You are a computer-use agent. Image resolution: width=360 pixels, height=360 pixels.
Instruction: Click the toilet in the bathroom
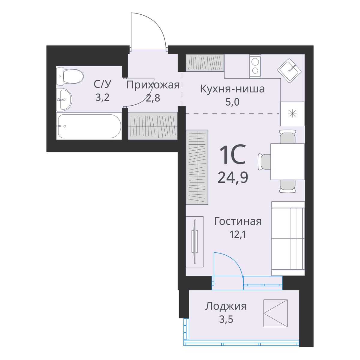70,76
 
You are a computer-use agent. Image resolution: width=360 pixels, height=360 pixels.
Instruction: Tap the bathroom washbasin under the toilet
64,99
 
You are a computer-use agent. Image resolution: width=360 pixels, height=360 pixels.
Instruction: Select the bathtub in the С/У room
89,126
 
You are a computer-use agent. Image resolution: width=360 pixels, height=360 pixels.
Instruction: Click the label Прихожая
153,85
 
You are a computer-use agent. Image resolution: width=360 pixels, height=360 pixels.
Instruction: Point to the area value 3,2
102,97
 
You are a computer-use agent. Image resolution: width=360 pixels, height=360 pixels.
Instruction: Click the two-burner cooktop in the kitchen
255,66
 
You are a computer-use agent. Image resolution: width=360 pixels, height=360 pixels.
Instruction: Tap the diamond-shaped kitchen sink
289,70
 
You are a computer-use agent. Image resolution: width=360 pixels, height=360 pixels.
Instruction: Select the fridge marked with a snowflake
292,114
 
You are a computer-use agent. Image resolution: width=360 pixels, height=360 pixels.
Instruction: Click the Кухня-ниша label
232,89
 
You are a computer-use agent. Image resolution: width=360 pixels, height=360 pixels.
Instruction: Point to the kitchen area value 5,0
232,102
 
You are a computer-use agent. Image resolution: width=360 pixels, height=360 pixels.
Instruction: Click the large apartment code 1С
232,154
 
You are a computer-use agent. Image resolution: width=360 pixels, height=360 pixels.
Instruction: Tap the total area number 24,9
233,177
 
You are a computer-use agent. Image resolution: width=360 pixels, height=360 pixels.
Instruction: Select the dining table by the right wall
287,162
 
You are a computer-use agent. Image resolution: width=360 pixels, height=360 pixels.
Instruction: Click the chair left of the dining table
264,162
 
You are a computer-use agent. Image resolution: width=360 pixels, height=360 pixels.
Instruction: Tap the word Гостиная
238,222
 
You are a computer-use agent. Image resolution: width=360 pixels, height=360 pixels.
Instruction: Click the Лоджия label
226,307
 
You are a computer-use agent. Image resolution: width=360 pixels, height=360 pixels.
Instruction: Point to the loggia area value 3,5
226,319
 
